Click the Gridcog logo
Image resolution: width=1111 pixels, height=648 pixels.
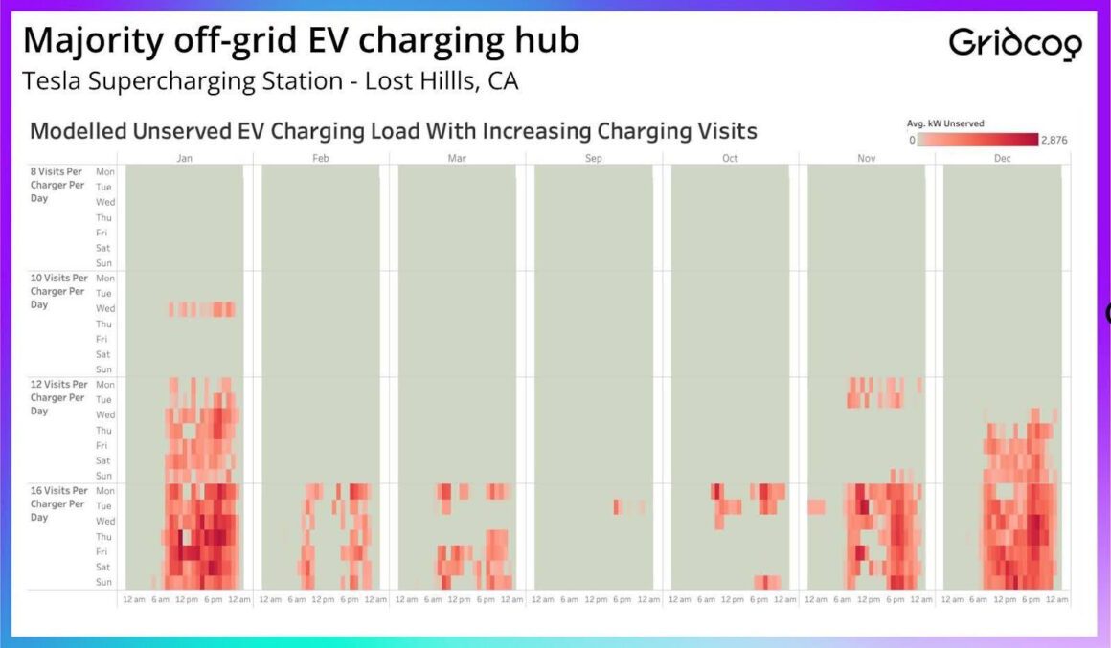point(1015,43)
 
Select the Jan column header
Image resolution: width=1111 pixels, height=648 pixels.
point(184,158)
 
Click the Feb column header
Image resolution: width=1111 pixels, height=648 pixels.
point(321,158)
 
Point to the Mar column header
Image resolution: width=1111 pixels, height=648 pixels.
point(457,158)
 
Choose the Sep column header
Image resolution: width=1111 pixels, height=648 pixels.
point(594,158)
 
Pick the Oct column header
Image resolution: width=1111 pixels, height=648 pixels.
point(730,158)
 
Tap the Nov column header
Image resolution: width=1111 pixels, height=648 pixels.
point(866,158)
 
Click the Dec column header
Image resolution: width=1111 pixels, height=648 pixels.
point(1002,158)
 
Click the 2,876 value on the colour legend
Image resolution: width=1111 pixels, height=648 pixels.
point(1054,140)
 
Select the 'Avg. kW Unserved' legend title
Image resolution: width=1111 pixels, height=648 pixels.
point(945,123)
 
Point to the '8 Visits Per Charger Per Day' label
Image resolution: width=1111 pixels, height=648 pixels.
point(57,185)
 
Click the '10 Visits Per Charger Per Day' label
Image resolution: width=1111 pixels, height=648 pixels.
point(57,291)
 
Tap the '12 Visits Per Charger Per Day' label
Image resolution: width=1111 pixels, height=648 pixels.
point(57,397)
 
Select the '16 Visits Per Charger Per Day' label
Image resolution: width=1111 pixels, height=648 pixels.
point(57,503)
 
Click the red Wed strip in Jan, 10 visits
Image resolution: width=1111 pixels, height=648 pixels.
point(201,309)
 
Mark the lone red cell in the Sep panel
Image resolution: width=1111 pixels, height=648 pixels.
point(617,506)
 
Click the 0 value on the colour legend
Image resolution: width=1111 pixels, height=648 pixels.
point(911,140)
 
